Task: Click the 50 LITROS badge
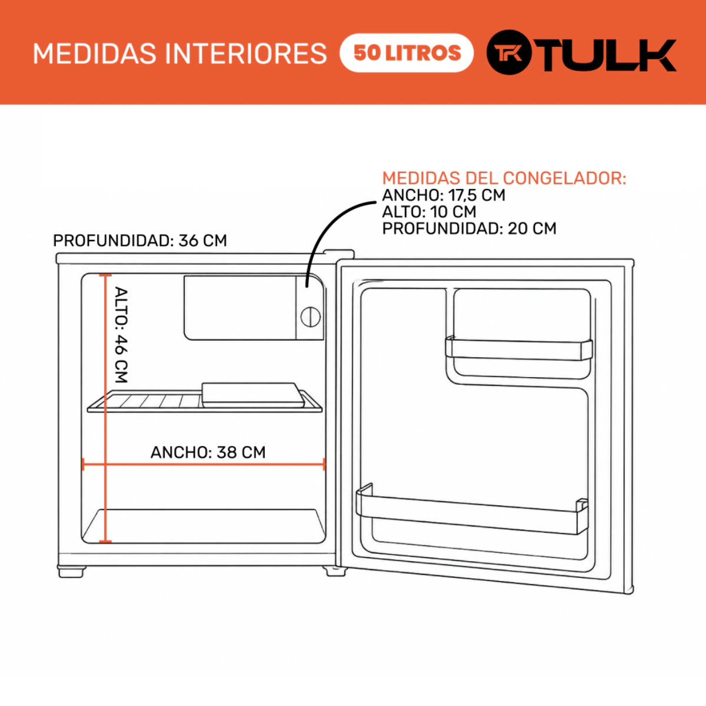407,53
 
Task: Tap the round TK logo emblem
509,52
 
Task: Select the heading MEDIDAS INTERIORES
179,54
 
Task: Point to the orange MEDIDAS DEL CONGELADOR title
504,178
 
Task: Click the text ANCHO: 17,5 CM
444,195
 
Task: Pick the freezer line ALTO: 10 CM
429,212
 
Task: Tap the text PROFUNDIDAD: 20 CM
469,229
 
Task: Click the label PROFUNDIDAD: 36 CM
140,241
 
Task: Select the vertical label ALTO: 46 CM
121,335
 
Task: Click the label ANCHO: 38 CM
208,452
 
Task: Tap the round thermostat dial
310,317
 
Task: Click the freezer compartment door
240,308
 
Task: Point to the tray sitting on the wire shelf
253,395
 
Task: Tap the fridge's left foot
71,572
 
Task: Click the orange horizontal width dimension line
204,464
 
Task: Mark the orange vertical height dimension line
105,408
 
